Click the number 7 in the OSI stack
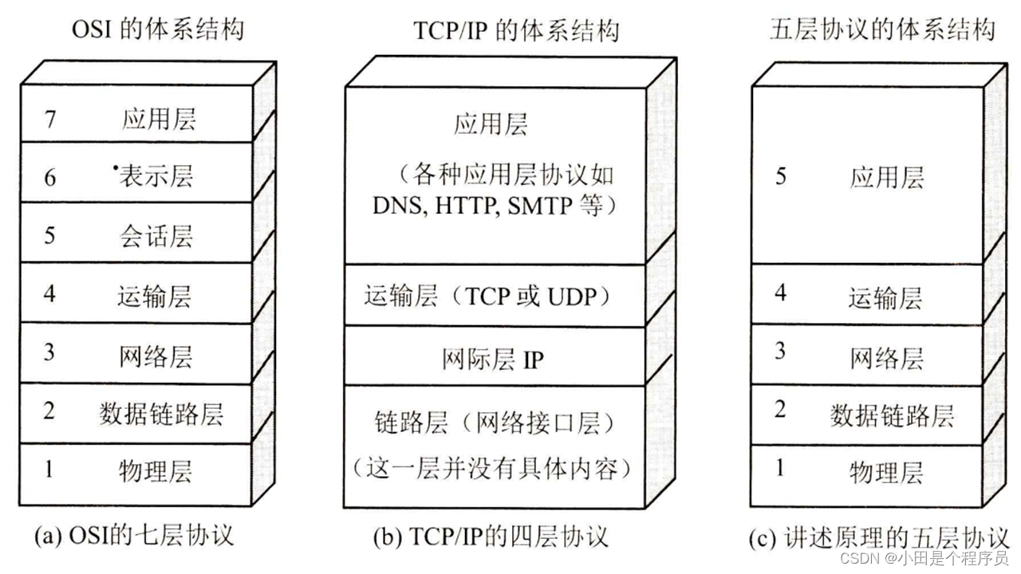click(x=50, y=120)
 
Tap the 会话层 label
click(x=156, y=236)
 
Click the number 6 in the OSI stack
click(x=50, y=177)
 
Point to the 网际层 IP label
click(x=492, y=360)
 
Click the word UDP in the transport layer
click(x=573, y=297)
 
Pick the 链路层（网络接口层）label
click(x=491, y=422)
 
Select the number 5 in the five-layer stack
click(x=781, y=176)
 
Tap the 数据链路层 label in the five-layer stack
click(x=892, y=415)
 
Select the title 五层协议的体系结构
click(x=882, y=30)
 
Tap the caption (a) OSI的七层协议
click(x=134, y=535)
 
